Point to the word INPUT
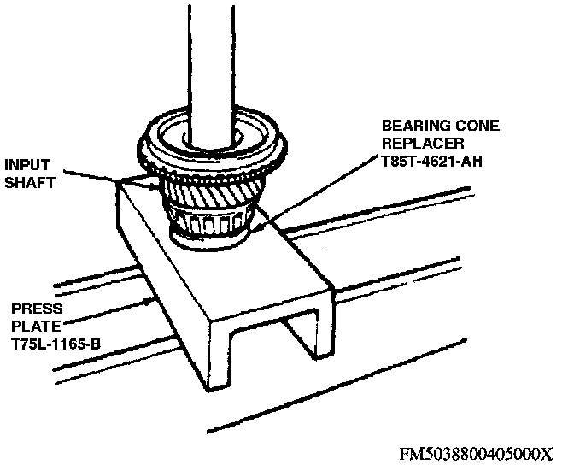26,163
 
